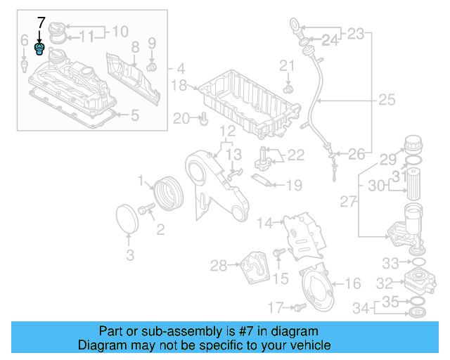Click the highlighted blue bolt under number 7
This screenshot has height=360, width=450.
click(40, 49)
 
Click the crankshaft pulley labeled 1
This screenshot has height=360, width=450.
click(167, 193)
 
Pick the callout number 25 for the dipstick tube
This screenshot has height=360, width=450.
click(386, 100)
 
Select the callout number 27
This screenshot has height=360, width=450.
click(349, 202)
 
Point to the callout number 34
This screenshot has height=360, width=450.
click(360, 307)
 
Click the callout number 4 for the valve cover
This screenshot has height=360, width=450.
click(181, 69)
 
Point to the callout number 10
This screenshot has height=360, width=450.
click(120, 31)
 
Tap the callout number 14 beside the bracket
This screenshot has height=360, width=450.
click(264, 224)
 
